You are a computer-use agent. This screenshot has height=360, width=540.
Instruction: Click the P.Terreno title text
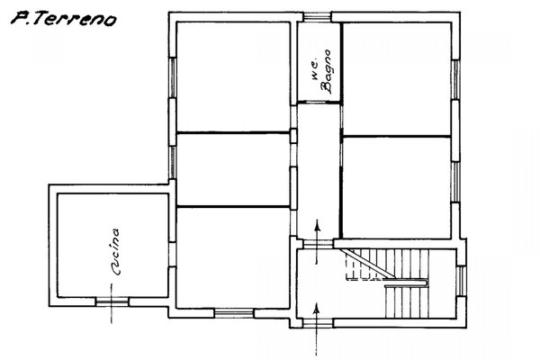click(x=64, y=19)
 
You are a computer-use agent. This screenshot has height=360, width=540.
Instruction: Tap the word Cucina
click(x=115, y=251)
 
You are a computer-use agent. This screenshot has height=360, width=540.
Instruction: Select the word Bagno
click(x=326, y=72)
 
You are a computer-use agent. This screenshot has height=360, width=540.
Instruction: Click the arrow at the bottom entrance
click(x=316, y=328)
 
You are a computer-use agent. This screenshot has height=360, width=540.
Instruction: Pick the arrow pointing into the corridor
click(x=317, y=242)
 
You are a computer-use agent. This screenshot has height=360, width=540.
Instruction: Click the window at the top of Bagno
click(x=317, y=17)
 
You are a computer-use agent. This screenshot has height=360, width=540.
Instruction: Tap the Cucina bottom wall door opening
click(x=112, y=301)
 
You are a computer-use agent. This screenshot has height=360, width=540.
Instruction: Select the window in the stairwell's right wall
click(x=461, y=281)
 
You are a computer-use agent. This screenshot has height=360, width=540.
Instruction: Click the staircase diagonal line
click(x=368, y=263)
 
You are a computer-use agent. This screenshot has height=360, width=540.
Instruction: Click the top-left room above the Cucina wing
click(x=233, y=76)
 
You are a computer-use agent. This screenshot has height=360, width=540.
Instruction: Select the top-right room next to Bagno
click(x=397, y=79)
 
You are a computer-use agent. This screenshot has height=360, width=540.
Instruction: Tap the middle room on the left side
click(x=233, y=170)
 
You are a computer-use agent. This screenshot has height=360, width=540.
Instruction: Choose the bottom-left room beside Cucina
click(x=233, y=257)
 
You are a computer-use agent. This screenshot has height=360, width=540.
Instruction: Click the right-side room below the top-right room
click(x=397, y=188)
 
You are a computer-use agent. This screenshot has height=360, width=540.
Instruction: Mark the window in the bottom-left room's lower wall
click(x=234, y=313)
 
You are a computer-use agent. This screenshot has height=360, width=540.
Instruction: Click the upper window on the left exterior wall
click(x=173, y=77)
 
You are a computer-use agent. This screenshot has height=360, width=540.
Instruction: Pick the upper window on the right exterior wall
click(x=455, y=79)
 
